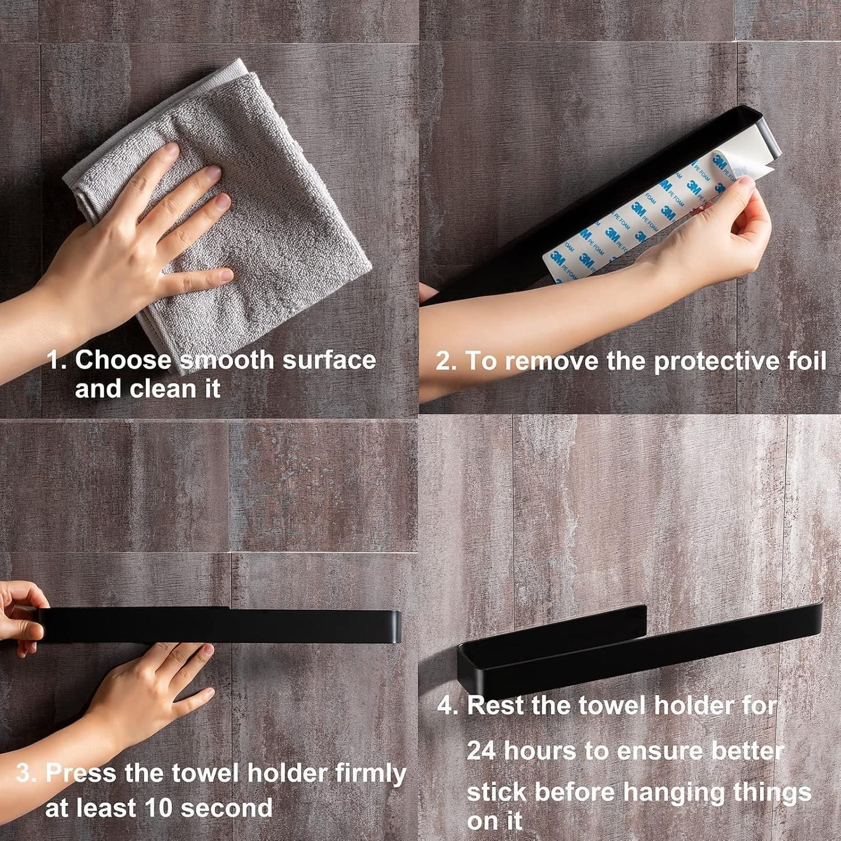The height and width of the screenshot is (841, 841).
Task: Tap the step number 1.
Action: (57, 359)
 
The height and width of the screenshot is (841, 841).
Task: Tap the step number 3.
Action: (26, 773)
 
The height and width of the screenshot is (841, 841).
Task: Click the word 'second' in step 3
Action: (227, 808)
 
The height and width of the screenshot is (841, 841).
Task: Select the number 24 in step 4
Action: (481, 751)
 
